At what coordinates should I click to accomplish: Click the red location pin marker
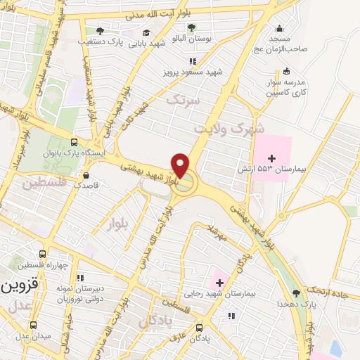click(x=181, y=165)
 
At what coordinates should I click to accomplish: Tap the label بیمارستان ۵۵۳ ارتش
click(x=272, y=169)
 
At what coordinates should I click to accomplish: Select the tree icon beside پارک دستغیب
click(x=100, y=31)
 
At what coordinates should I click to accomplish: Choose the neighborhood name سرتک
click(x=183, y=101)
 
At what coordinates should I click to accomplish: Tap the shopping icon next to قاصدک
click(x=86, y=175)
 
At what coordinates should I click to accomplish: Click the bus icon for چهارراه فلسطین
click(x=42, y=255)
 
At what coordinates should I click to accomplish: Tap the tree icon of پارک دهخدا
click(x=295, y=292)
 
